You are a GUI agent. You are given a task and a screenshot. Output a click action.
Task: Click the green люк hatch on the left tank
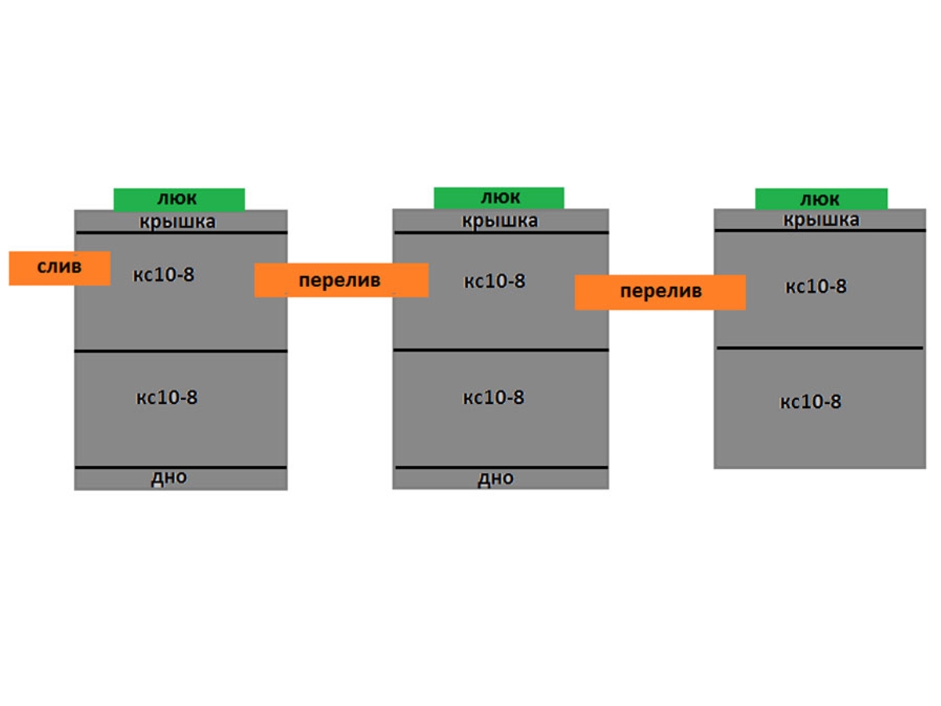point(179,199)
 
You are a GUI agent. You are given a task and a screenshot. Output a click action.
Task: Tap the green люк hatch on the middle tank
point(500,198)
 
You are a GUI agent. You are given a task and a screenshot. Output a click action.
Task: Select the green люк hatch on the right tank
point(821,199)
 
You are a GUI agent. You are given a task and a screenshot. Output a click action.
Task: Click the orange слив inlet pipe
point(59,267)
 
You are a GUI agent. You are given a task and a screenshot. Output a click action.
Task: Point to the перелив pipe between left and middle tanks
point(340,280)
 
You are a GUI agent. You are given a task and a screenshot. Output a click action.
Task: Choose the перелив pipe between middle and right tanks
point(659,292)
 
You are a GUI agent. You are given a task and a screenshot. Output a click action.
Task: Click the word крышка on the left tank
point(178,222)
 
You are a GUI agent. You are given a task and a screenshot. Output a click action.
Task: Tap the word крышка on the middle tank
point(500,221)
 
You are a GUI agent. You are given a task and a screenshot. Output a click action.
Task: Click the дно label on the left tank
point(169,478)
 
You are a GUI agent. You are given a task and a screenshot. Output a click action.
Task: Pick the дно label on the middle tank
point(496,479)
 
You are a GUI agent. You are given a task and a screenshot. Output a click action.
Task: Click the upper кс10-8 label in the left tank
point(164,275)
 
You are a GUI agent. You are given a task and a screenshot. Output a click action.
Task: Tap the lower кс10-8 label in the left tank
point(167,398)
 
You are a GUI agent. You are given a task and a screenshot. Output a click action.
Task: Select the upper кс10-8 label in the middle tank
point(494,281)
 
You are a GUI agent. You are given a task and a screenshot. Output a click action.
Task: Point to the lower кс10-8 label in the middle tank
point(493,398)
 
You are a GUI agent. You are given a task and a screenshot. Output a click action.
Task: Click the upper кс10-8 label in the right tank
point(816,286)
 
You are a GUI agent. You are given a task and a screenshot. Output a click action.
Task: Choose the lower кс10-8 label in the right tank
point(810,402)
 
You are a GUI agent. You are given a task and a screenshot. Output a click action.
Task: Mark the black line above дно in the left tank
point(181,468)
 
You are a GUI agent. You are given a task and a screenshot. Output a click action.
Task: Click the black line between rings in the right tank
point(819,348)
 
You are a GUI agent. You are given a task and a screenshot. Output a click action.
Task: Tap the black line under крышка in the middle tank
point(500,232)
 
